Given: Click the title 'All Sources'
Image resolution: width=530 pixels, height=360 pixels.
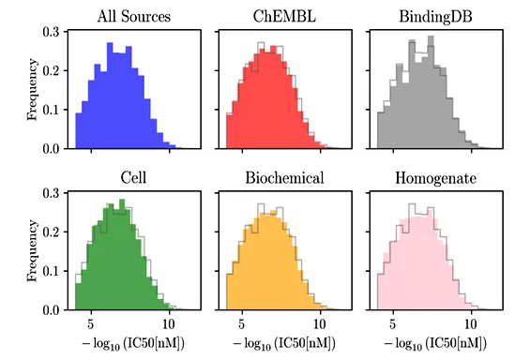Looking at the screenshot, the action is (134, 16).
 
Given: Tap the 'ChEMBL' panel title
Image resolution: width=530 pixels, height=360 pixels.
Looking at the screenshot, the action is (284, 16).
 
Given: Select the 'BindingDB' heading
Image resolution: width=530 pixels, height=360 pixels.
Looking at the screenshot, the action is (435, 17).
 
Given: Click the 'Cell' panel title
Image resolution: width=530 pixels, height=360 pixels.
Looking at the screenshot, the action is (133, 177).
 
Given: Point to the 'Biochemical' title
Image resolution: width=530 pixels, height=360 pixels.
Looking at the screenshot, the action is (284, 177).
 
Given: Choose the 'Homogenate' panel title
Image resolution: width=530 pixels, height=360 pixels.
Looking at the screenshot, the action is (435, 178).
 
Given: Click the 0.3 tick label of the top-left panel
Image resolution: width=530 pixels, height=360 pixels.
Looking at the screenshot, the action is (51, 32).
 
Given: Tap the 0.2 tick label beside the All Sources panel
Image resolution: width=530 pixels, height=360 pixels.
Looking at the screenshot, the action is (51, 71).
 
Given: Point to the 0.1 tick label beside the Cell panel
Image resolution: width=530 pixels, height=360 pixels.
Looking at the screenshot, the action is (51, 271).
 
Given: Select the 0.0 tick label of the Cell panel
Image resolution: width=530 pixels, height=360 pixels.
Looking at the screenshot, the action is (51, 310).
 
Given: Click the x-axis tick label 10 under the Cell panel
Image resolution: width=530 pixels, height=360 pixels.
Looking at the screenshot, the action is (169, 324).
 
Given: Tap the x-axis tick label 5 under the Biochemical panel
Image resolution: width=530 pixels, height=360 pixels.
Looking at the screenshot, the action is (242, 324).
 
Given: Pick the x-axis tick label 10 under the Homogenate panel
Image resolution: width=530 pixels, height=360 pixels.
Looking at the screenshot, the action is (471, 324).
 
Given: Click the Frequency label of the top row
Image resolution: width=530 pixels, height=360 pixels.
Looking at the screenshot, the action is (32, 89).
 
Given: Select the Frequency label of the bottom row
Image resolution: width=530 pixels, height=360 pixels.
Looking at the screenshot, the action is (32, 250).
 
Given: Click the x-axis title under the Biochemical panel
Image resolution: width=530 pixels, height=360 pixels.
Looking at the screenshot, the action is (284, 344).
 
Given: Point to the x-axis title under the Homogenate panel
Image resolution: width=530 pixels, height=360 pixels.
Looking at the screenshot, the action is (435, 344).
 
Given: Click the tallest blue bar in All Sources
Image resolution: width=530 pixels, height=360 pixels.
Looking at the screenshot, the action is (110, 96).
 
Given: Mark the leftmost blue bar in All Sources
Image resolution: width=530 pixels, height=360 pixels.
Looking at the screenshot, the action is (79, 131).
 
